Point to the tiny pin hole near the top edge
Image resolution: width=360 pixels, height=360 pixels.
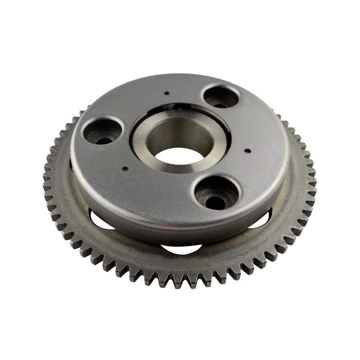coord(168,93)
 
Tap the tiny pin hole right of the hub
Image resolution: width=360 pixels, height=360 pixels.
coord(247,151)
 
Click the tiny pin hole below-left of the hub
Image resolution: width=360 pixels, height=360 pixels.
coord(124,168)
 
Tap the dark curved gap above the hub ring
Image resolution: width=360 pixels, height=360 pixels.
coord(176,107)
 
